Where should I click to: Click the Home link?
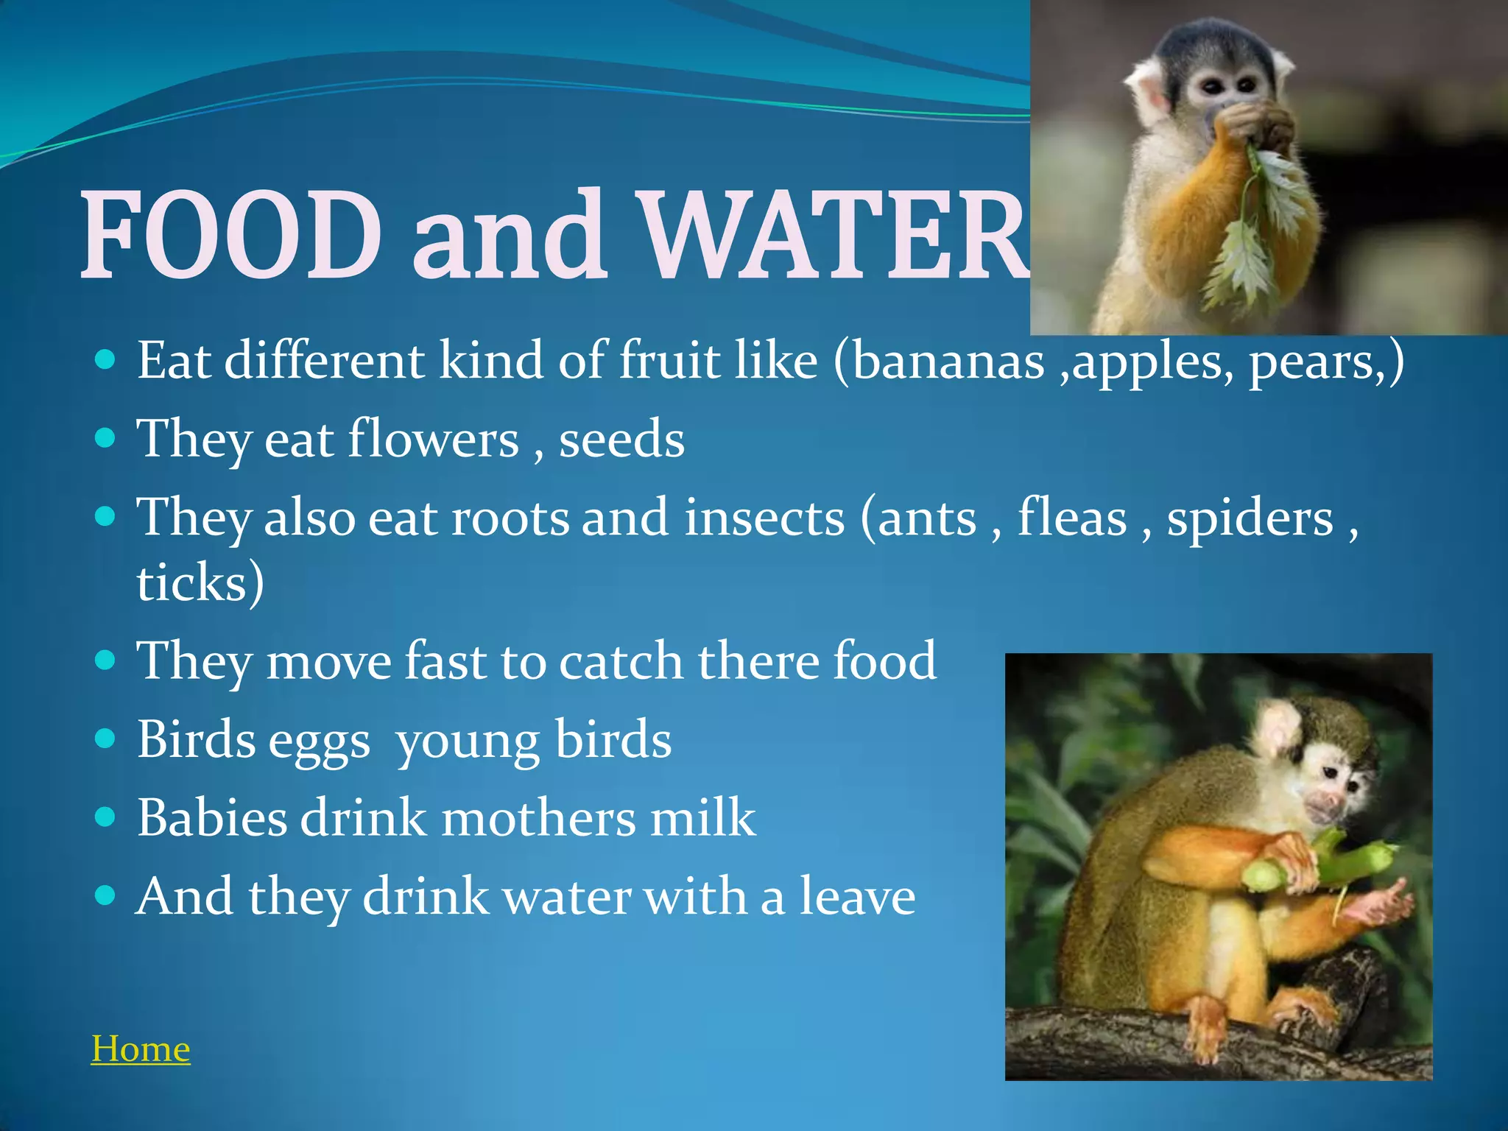[141, 1049]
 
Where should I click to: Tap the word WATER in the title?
[832, 234]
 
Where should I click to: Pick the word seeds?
[621, 440]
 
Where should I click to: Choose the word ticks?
[193, 583]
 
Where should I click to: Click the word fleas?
[1072, 518]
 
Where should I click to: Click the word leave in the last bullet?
[857, 897]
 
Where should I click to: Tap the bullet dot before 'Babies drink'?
[106, 817]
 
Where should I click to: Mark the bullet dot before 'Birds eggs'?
[106, 739]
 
